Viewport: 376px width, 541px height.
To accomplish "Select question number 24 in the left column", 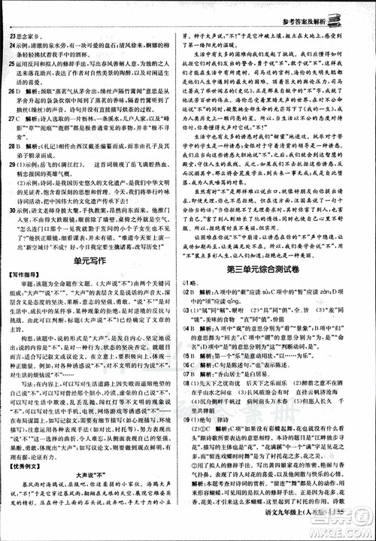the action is [14, 36].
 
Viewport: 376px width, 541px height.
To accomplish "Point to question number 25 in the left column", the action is [14, 65].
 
